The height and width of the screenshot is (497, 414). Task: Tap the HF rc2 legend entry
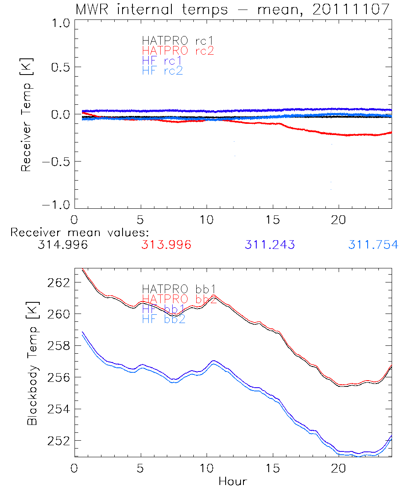coord(162,70)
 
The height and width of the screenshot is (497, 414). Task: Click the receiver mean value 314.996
coord(63,245)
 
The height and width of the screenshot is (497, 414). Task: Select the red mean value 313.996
coord(166,245)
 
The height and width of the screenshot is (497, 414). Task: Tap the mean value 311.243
coord(270,245)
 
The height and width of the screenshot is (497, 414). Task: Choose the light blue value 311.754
coord(373,245)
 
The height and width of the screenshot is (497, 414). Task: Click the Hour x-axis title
coord(233,481)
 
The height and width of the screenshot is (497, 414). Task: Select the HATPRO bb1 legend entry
coord(179,289)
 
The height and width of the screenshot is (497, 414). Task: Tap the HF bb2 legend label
coord(164,319)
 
